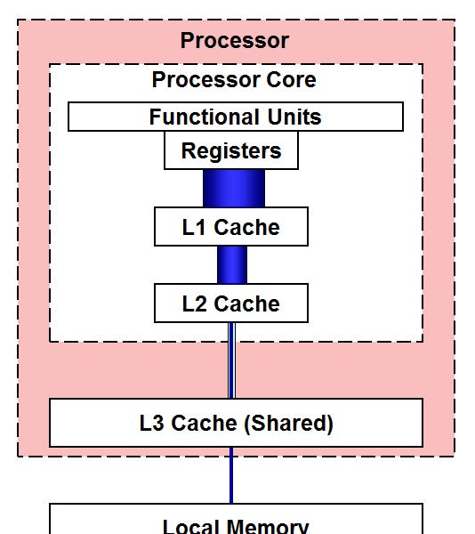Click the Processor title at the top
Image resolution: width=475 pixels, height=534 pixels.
(234, 40)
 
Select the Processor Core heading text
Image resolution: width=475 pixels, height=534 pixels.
(234, 79)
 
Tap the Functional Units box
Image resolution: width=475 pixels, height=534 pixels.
(235, 117)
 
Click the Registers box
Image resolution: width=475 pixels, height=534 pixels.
(231, 151)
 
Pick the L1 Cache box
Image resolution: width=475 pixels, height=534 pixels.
(231, 227)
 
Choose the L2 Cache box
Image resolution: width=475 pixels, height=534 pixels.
(231, 303)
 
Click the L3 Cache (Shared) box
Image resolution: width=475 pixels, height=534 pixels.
(236, 423)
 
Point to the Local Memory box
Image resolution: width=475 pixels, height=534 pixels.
(236, 523)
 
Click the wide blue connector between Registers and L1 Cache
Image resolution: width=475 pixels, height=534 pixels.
(234, 188)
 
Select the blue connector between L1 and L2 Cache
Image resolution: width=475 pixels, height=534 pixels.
(232, 264)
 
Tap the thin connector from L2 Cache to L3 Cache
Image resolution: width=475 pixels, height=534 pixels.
(232, 360)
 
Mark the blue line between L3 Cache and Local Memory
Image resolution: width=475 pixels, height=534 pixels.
(232, 475)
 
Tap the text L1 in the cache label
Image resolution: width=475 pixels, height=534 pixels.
(194, 227)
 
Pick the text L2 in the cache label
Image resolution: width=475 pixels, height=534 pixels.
(194, 303)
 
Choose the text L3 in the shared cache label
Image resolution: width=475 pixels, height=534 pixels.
(151, 423)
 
